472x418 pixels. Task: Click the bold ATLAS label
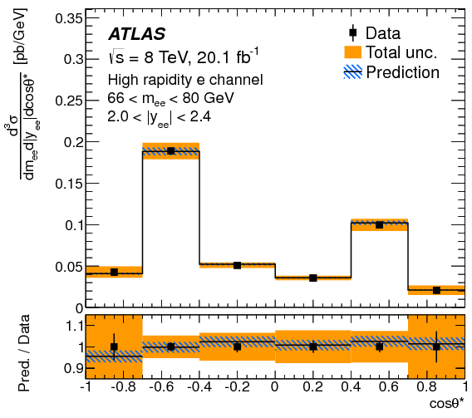click(137, 35)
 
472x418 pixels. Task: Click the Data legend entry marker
click(354, 34)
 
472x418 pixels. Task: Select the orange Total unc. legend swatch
click(354, 53)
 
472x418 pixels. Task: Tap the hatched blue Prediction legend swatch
click(354, 72)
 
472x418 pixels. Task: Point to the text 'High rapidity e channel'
click(185, 81)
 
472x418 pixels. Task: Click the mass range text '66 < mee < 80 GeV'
click(170, 98)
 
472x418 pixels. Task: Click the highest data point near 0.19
click(170, 150)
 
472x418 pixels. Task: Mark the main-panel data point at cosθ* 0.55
click(380, 224)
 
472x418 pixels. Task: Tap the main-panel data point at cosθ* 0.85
click(436, 290)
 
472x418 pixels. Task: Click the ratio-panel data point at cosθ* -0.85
click(114, 347)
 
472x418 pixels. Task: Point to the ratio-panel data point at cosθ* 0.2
click(313, 347)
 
